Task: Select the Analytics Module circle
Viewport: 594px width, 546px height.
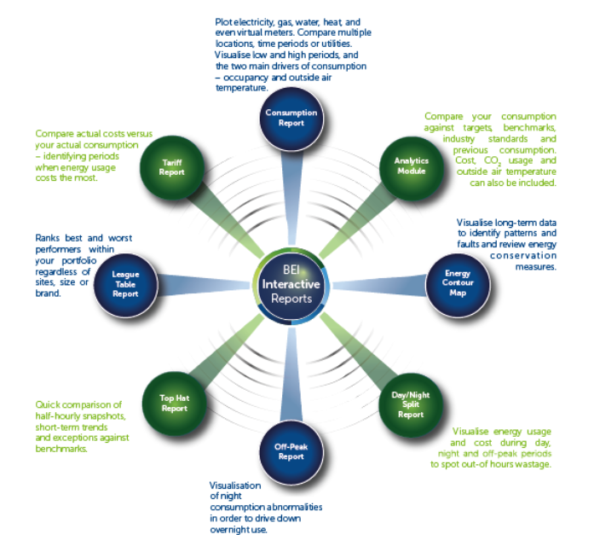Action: (409, 166)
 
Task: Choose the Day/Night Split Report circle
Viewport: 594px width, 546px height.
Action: (410, 403)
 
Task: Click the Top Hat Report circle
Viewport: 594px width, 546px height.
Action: (173, 403)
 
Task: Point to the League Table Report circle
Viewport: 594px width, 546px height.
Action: (125, 284)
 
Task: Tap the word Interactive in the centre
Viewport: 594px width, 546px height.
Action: (291, 284)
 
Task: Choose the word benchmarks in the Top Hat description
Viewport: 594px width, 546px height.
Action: (61, 448)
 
